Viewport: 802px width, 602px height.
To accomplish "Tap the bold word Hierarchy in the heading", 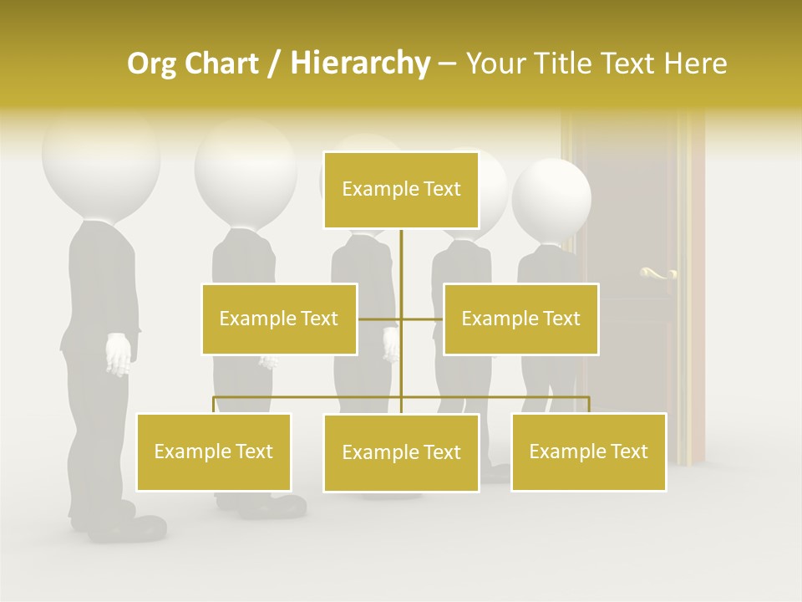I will [x=360, y=64].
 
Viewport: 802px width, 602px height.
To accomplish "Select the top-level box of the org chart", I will [x=401, y=190].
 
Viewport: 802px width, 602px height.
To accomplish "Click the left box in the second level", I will [x=279, y=319].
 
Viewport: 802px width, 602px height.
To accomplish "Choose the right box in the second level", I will [x=520, y=319].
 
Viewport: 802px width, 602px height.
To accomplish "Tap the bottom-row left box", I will [x=214, y=451].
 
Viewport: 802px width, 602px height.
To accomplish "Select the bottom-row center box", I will [x=401, y=452].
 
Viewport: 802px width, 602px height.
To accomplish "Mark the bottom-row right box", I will [x=588, y=451].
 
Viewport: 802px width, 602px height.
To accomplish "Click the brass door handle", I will [x=657, y=273].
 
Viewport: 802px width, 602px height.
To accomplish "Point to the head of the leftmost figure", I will [x=100, y=163].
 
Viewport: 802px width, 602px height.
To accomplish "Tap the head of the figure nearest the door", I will [x=551, y=199].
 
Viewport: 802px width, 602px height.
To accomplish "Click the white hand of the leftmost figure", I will [x=119, y=354].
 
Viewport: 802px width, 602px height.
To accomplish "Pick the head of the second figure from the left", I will [x=245, y=167].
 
